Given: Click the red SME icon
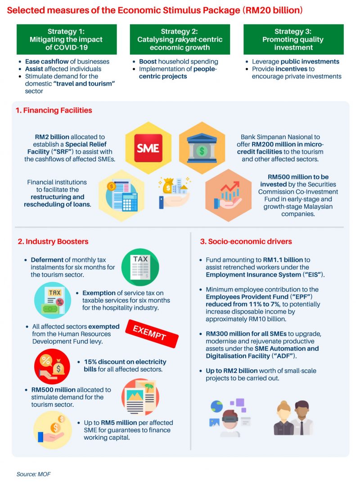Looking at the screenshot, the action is coord(148,148).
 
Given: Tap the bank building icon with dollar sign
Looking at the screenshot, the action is coord(202,148).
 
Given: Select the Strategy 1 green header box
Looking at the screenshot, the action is coord(67,39).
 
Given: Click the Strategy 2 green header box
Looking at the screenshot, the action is coord(180,39).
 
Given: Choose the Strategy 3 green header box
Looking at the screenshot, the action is coord(293,39).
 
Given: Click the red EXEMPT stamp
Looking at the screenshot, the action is coord(152,333).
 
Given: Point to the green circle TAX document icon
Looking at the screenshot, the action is coord(140,267).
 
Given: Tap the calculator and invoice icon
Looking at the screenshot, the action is coord(121,196).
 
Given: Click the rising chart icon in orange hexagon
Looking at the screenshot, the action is coord(228,195).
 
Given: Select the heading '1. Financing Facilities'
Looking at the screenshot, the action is coord(54,110).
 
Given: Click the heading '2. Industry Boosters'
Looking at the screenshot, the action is coord(53,241).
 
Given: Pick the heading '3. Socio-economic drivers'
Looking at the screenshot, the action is coord(246,241).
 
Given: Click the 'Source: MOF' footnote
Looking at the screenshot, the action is coord(33,474).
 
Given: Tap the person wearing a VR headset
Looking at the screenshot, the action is coord(229,418).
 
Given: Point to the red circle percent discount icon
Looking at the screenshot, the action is coord(52,366).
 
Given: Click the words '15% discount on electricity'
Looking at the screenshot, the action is coord(125,362).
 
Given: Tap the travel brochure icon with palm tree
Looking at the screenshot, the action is coord(140,397).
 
